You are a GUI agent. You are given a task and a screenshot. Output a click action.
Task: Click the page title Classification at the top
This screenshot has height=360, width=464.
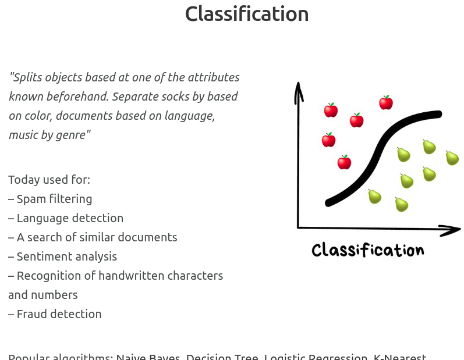tap(246, 14)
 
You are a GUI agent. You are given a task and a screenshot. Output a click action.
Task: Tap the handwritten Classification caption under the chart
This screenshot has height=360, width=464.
tap(367, 250)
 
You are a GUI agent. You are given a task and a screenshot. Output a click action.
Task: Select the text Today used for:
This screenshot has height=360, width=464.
tap(49, 180)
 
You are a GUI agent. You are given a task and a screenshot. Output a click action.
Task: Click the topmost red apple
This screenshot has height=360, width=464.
tap(386, 103)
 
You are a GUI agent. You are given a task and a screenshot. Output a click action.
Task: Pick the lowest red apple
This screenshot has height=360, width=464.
tap(344, 162)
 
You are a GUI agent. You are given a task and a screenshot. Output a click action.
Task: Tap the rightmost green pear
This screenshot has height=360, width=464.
tap(452, 158)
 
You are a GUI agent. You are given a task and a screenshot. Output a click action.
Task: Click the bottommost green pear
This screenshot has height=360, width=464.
tap(401, 204)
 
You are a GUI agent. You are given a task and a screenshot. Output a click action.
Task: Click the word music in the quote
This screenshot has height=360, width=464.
tap(24, 136)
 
